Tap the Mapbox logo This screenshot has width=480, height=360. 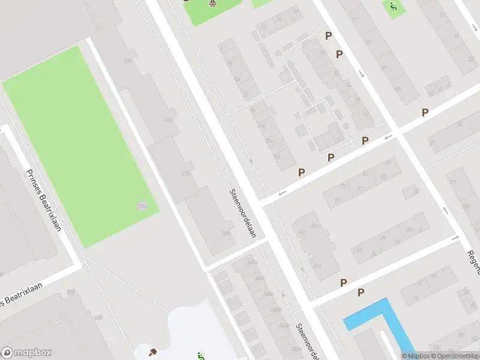[26, 353]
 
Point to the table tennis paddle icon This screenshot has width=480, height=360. [152, 352]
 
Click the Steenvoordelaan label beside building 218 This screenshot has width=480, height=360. [242, 213]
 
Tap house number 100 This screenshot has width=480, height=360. [128, 61]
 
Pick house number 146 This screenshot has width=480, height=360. [168, 120]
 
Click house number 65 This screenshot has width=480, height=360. [398, 89]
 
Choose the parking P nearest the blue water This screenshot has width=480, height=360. [361, 292]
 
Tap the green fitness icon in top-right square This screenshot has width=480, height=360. [393, 8]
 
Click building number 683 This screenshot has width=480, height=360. [98, 316]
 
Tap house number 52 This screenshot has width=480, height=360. [414, 190]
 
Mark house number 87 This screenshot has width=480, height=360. [432, 142]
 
